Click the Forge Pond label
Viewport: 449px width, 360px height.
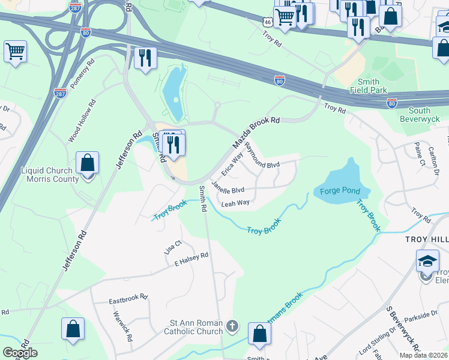tap(340, 191)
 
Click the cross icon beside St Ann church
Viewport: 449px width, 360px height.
tap(232, 328)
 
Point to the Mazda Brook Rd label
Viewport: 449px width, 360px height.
tap(256, 133)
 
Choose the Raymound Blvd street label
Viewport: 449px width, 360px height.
tap(262, 155)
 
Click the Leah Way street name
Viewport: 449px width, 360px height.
tap(235, 203)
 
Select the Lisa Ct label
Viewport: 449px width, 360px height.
tap(173, 247)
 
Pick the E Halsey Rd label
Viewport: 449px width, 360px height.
tap(191, 259)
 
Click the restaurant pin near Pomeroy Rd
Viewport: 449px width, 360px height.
tap(145, 58)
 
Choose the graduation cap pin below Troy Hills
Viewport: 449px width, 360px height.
tap(427, 262)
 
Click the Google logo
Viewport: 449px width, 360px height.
tap(20, 353)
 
